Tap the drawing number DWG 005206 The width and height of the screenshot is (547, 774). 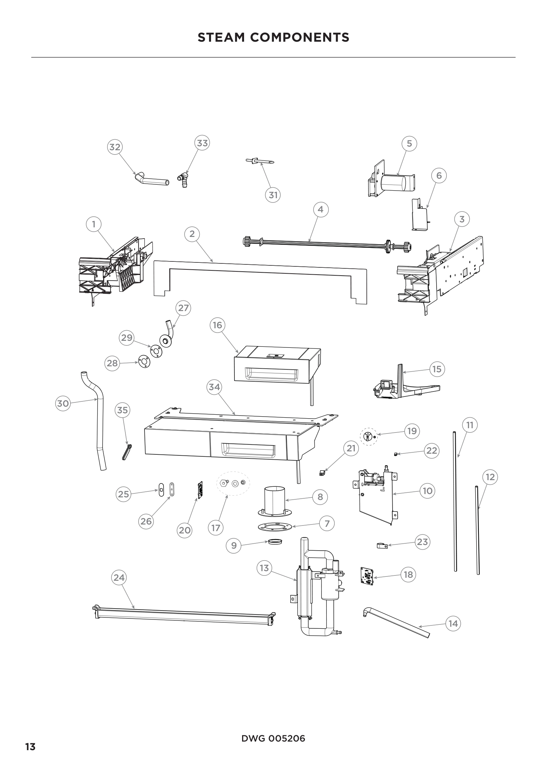pos(273,739)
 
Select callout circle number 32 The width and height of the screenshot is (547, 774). pos(115,147)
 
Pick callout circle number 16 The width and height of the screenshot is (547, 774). pos(217,325)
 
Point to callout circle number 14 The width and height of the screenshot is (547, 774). pos(453,623)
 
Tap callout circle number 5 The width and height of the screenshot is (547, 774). pos(409,144)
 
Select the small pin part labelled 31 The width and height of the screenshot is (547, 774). pos(259,162)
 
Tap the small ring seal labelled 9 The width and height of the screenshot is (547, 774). pos(275,541)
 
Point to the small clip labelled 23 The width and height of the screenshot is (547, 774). pos(382,545)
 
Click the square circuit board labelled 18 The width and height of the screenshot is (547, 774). pos(367,576)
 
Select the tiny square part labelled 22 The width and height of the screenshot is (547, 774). pos(395,454)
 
